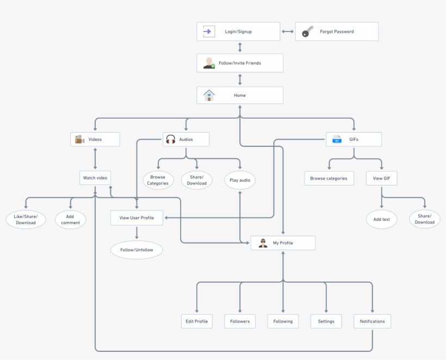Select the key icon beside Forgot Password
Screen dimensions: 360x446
pyautogui.click(x=308, y=32)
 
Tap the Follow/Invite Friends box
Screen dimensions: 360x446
pyautogui.click(x=240, y=63)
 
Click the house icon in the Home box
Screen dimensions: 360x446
pyautogui.click(x=209, y=95)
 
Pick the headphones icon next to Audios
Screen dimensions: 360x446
pyautogui.click(x=171, y=140)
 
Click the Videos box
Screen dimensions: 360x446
pyautogui.click(x=95, y=139)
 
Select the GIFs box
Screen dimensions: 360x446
pyautogui.click(x=354, y=139)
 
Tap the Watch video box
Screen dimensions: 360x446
pyautogui.click(x=95, y=178)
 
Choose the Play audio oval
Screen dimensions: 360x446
pyautogui.click(x=240, y=180)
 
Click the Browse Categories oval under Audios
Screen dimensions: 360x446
pyautogui.click(x=158, y=180)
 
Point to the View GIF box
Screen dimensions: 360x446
pyautogui.click(x=381, y=178)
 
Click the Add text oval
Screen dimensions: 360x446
pyautogui.click(x=381, y=219)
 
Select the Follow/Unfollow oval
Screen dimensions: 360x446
pyautogui.click(x=137, y=250)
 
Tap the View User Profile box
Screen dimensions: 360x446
pyautogui.click(x=137, y=218)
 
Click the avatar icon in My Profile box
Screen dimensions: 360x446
pyautogui.click(x=263, y=243)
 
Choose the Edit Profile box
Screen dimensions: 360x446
pyautogui.click(x=196, y=321)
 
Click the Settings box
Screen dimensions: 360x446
pyautogui.click(x=326, y=321)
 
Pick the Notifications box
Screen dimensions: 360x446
pyautogui.click(x=372, y=321)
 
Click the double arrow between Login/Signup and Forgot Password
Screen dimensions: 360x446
pyautogui.click(x=288, y=32)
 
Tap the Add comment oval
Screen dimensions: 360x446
pyautogui.click(x=70, y=219)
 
